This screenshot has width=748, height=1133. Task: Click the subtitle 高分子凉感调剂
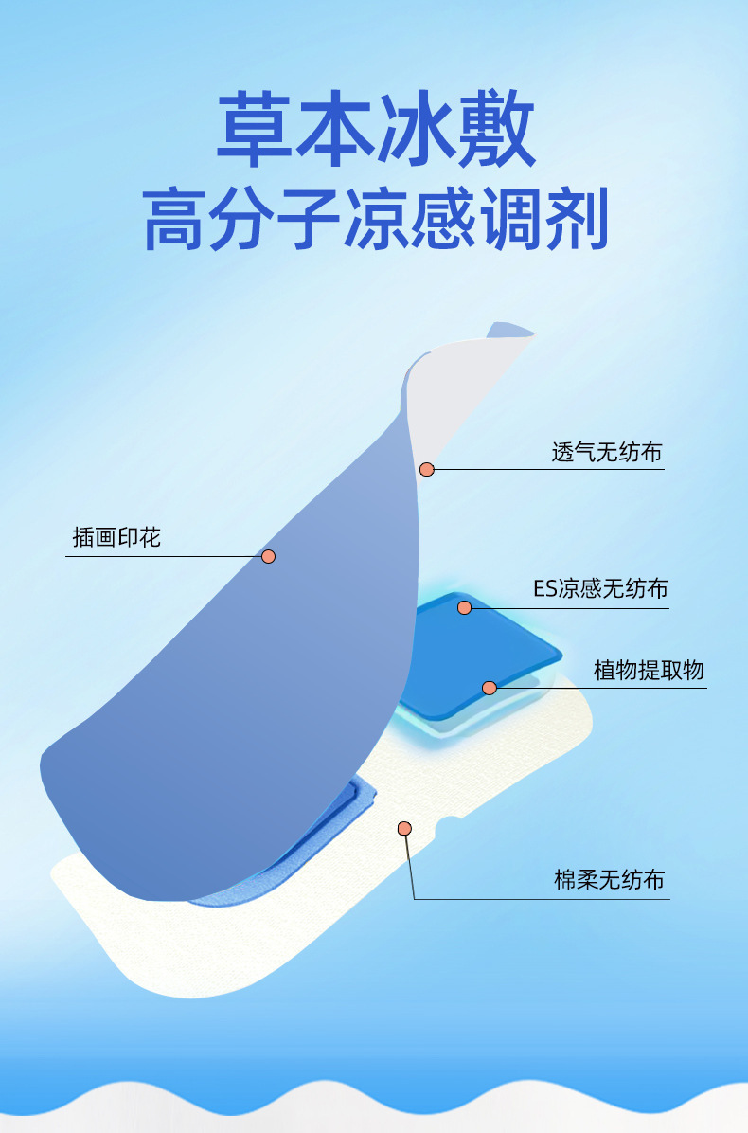point(375,219)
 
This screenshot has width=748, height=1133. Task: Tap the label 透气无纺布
point(607,452)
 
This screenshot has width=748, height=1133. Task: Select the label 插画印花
point(116,537)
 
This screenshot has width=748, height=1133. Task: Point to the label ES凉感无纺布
point(600,588)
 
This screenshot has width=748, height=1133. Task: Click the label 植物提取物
point(649,670)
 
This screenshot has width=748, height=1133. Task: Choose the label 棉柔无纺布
point(609,880)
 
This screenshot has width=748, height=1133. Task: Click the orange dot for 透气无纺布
point(427,469)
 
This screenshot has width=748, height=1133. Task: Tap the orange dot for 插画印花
point(269,556)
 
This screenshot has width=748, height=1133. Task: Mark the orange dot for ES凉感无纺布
point(464,607)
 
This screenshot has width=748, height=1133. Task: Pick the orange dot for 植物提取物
point(490,688)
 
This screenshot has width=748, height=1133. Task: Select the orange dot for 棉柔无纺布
point(404,829)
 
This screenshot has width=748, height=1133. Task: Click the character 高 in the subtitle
point(175,219)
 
